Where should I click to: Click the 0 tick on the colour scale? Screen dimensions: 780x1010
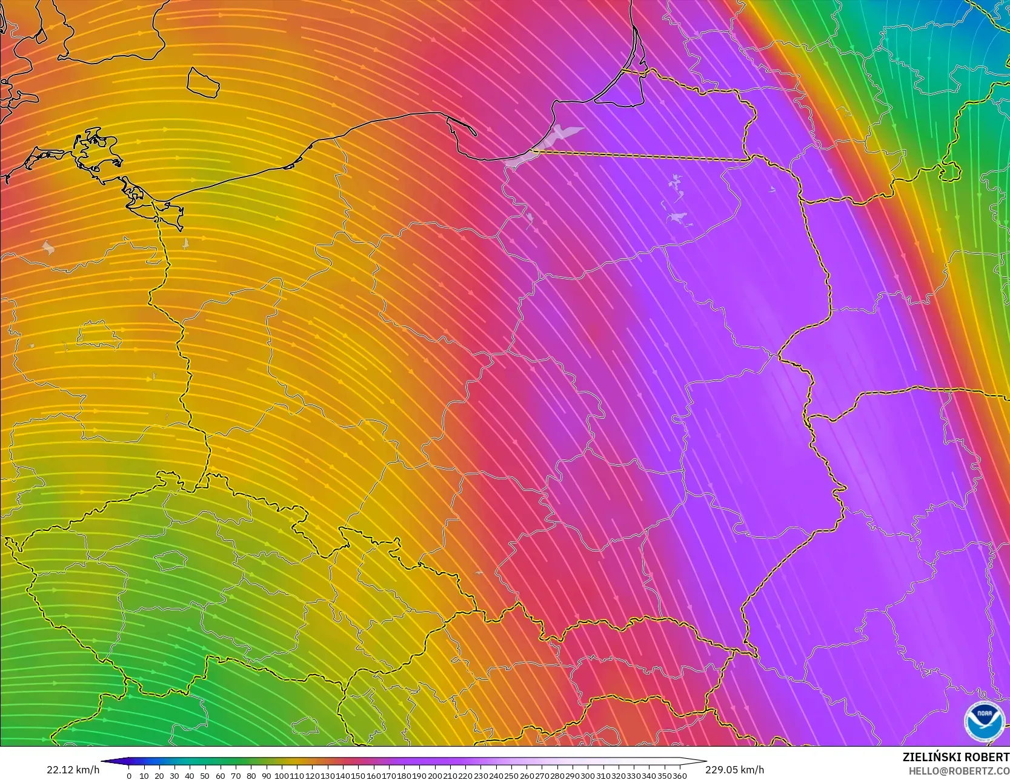[129, 776]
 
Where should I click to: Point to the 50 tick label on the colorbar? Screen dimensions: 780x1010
[205, 776]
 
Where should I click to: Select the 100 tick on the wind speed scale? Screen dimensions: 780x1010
[281, 776]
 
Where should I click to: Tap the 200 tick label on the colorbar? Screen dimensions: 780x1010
[435, 776]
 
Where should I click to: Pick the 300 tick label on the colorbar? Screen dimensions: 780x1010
[588, 776]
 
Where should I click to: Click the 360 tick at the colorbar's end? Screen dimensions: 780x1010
[680, 776]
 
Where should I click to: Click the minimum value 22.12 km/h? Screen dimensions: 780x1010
[73, 770]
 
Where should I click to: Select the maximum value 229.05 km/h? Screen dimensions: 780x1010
[734, 770]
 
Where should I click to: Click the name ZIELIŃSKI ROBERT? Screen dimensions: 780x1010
[955, 758]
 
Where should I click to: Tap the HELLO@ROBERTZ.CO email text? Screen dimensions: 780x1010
[959, 770]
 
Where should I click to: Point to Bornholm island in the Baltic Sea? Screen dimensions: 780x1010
[202, 82]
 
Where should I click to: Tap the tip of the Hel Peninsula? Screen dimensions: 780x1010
[474, 134]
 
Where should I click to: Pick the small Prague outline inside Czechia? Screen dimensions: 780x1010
[170, 561]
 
